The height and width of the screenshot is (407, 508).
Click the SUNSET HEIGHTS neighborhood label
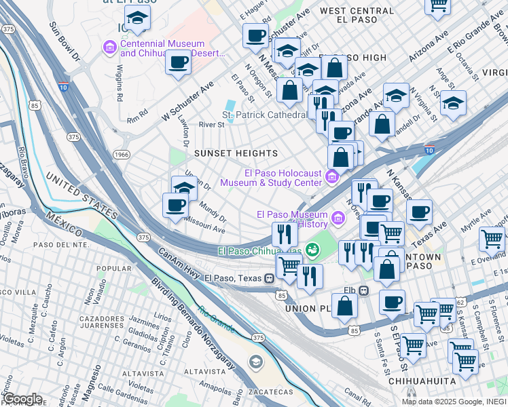point(236,153)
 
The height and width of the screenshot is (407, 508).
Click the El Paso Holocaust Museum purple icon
point(331,177)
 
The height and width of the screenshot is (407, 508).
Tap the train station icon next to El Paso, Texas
point(270,277)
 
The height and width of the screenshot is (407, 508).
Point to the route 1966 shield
point(122,155)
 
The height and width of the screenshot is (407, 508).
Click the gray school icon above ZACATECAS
point(255,360)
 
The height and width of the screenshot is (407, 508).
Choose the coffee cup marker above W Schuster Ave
point(179,63)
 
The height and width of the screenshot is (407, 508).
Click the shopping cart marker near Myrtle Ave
point(491,239)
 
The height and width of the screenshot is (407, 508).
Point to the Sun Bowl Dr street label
point(65,42)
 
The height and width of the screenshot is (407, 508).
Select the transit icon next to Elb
point(363,291)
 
